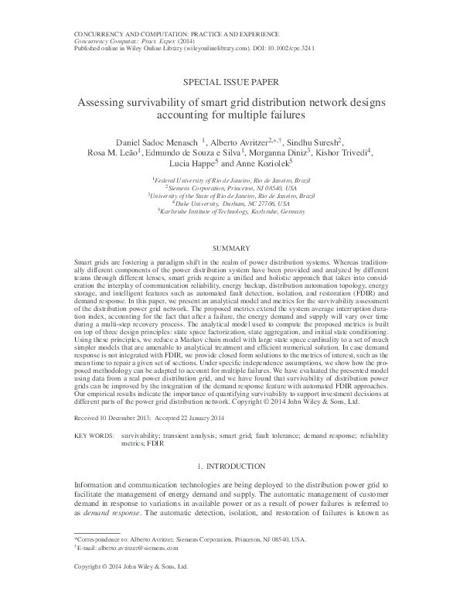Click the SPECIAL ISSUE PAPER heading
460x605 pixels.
click(230, 80)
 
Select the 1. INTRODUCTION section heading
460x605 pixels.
click(230, 467)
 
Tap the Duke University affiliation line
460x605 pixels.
click(230, 203)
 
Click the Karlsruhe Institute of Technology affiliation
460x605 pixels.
click(230, 210)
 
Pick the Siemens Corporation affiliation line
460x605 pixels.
click(230, 189)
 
